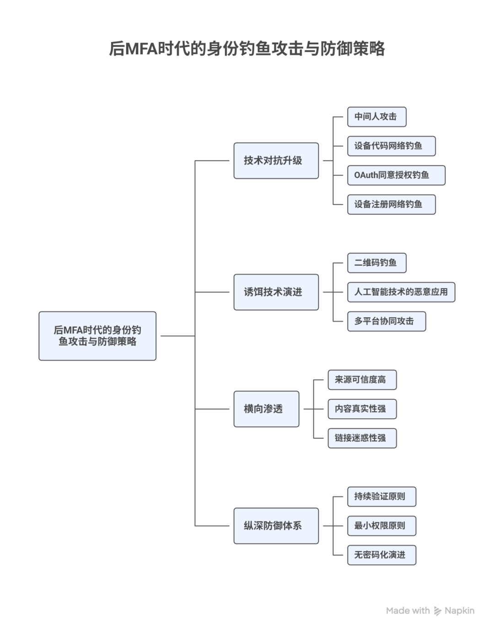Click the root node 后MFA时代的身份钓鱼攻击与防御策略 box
(x=97, y=335)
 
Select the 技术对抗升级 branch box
(x=276, y=160)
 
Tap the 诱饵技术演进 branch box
(x=276, y=292)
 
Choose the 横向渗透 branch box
(x=266, y=409)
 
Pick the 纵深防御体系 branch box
(x=276, y=526)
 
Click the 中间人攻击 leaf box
(x=376, y=117)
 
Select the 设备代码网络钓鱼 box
(x=392, y=146)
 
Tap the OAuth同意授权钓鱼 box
(x=396, y=175)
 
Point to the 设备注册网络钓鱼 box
(x=392, y=204)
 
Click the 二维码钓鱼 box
(x=376, y=263)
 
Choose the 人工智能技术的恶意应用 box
(x=401, y=292)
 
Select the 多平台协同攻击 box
(x=387, y=321)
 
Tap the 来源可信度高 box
(x=362, y=379)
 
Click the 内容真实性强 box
(x=362, y=409)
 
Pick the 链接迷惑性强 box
(x=362, y=438)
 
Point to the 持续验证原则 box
(x=381, y=496)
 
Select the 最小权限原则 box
(x=381, y=526)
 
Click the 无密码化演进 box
(x=381, y=555)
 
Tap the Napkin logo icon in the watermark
(x=437, y=611)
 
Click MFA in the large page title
(x=141, y=48)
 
